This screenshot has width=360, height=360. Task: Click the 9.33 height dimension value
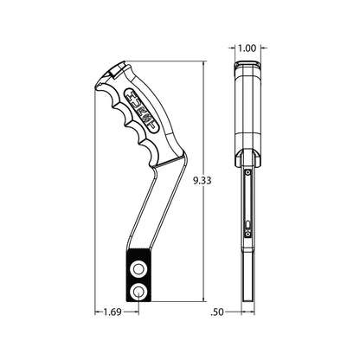[x=202, y=181]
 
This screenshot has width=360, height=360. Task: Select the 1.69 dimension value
[x=112, y=312]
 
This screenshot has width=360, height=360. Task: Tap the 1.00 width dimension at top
[x=247, y=48]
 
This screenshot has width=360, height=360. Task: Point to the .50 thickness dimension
[x=217, y=312]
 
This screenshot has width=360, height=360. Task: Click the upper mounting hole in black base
[x=138, y=269]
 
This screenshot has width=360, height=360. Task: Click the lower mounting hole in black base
[x=138, y=291]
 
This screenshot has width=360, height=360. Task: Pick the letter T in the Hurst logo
[x=151, y=125]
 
